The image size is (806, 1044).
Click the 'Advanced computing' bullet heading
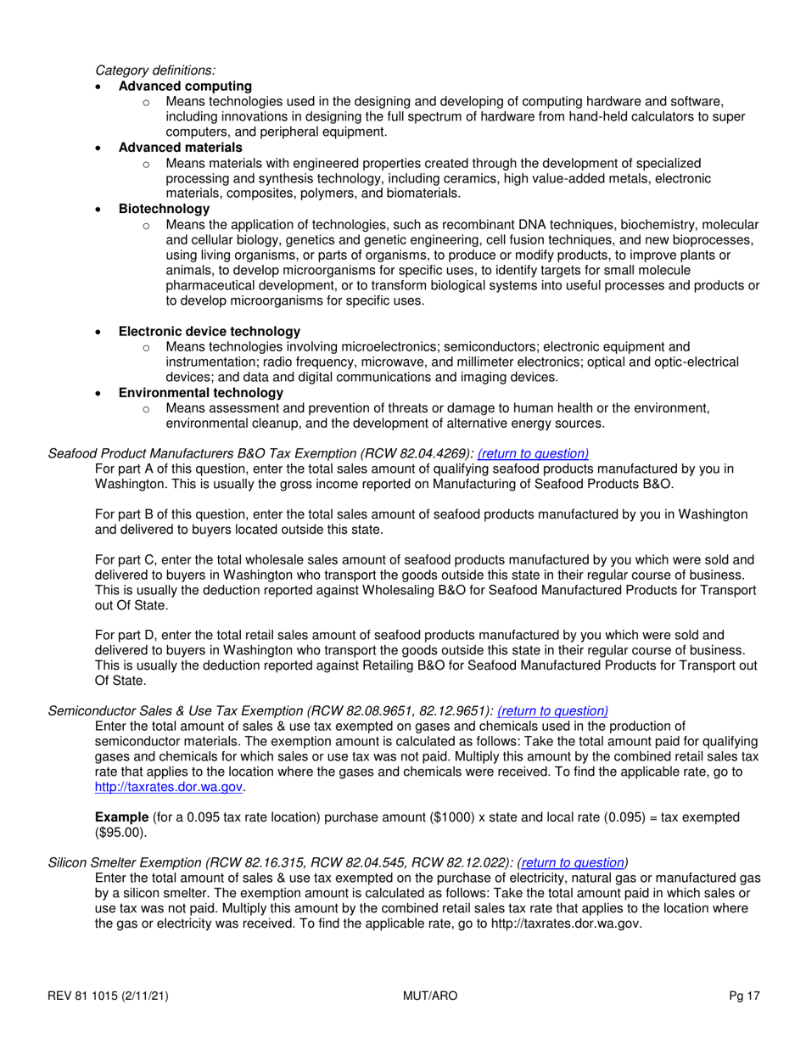coord(185,86)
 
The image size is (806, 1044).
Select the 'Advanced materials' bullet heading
coord(180,148)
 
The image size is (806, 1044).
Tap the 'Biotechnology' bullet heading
coord(164,209)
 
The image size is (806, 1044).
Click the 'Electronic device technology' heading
coord(209,331)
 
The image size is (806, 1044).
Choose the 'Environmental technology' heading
coord(201,392)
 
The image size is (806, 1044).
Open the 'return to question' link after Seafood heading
coord(533,453)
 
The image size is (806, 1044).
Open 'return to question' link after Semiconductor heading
coord(552,710)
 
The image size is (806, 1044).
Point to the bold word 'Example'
coord(120,817)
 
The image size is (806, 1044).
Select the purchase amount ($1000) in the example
coord(437,817)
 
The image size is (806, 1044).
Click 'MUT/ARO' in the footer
coord(430,996)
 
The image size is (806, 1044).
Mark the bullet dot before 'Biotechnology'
coord(100,210)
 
